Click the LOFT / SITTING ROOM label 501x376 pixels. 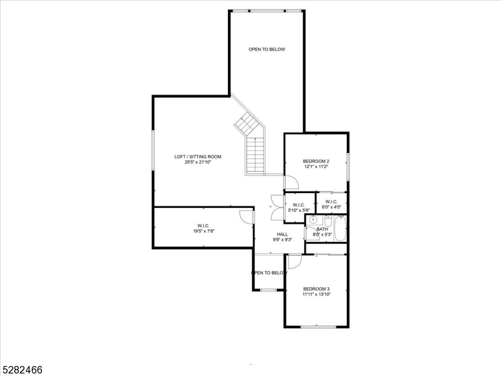coord(197,157)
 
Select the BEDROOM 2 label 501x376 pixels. coord(316,161)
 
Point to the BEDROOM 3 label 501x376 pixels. coord(316,289)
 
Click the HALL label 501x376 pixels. coord(282,234)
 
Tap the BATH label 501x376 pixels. coord(322,229)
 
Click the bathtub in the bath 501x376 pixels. coord(340,229)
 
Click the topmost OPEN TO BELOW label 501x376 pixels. coord(267,50)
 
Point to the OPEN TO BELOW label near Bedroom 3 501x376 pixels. coord(269,273)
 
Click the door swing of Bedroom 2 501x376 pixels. coord(291,182)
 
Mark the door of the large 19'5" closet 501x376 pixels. coord(248,217)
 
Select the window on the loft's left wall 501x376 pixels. coord(153,150)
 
